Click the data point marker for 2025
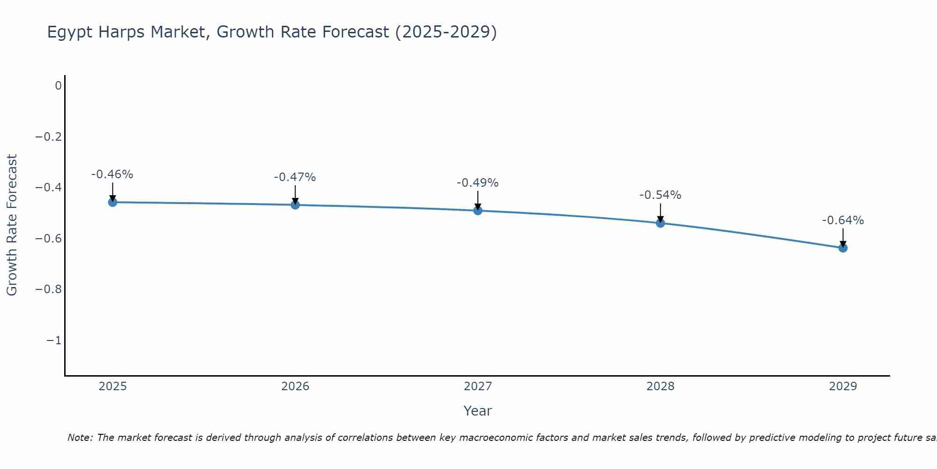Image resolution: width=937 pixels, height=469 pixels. coord(112,202)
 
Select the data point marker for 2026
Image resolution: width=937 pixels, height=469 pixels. coord(295,205)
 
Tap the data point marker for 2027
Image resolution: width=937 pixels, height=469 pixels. coord(478,211)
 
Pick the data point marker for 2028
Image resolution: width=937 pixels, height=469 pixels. coord(661,223)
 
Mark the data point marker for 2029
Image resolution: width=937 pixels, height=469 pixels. coord(843,248)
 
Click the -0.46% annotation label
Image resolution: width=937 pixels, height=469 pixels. coord(112,174)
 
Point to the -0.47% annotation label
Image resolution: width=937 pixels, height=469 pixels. coord(295,177)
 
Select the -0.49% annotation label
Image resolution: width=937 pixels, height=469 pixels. coord(478,183)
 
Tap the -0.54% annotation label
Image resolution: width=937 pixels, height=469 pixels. coord(661,195)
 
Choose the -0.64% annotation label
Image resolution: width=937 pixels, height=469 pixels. coord(843,220)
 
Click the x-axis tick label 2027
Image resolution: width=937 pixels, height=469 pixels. coord(478,386)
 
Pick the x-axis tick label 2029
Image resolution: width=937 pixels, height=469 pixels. coord(843,386)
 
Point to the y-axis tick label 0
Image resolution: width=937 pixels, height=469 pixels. coord(58,86)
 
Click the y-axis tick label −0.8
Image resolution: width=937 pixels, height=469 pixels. coord(49,289)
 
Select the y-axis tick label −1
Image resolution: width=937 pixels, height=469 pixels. coord(54,340)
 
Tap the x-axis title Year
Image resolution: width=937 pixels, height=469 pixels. coord(478,411)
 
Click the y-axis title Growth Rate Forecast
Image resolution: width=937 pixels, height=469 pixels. coord(12,225)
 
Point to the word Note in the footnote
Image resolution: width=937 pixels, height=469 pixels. coord(80,438)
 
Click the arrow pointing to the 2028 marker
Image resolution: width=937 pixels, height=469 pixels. coord(661,213)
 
